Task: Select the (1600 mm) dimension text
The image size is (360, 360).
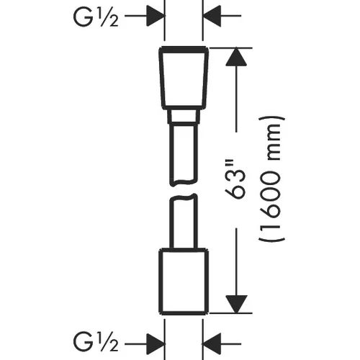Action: (271, 179)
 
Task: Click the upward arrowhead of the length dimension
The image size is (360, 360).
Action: (236, 57)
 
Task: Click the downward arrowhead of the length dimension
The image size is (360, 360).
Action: (236, 304)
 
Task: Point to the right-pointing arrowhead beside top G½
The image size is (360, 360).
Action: (155, 16)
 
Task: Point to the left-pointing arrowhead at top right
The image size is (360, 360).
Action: (212, 16)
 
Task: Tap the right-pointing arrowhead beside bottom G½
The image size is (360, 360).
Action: (155, 344)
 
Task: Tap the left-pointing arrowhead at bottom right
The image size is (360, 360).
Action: (212, 344)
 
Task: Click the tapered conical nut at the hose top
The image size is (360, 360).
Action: (184, 78)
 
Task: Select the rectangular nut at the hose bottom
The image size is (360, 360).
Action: (184, 282)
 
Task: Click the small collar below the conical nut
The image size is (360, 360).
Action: (184, 117)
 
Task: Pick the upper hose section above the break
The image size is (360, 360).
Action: (184, 153)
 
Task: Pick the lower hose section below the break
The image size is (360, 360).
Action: (184, 221)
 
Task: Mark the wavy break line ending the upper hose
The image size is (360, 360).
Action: (184, 182)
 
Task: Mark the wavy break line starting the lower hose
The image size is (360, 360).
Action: (184, 198)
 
